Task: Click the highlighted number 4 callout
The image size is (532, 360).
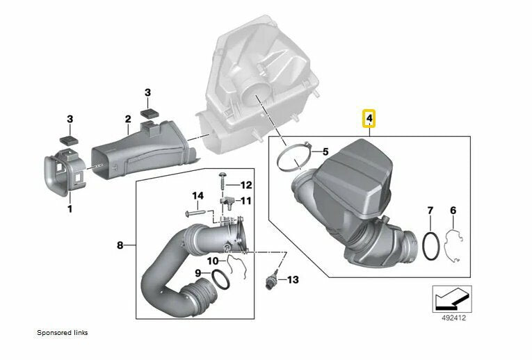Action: [x=370, y=120]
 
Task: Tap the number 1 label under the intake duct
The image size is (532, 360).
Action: [x=69, y=208]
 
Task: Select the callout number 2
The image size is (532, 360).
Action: [x=128, y=120]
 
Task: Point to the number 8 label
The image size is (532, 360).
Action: [x=120, y=245]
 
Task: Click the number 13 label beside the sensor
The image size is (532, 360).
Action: [x=292, y=279]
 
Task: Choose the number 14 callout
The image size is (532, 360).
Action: [x=198, y=196]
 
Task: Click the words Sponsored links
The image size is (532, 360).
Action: [x=62, y=332]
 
